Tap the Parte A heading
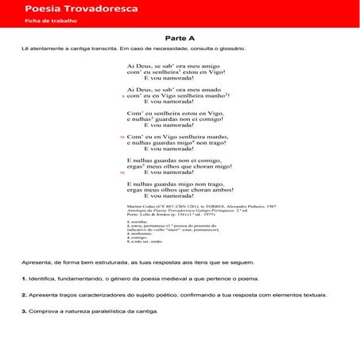180,38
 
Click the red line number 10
122,137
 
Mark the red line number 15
122,172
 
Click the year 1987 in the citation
270,205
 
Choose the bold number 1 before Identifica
24,279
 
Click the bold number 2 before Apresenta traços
24,295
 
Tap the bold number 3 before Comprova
24,311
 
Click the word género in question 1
119,279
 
